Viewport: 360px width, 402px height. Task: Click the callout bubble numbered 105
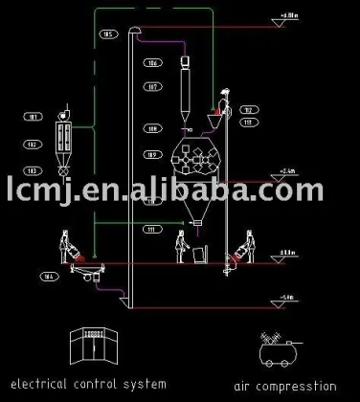pyautogui.click(x=107, y=34)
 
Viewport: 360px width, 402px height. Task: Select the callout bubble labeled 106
pyautogui.click(x=152, y=63)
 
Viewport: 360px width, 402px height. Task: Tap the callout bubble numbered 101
pyautogui.click(x=33, y=117)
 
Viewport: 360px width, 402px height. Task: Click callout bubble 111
pyautogui.click(x=151, y=230)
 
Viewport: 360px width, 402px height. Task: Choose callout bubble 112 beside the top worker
pyautogui.click(x=247, y=108)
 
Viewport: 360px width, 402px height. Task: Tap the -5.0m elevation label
pyautogui.click(x=286, y=297)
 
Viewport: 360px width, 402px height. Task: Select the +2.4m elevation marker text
pyautogui.click(x=286, y=170)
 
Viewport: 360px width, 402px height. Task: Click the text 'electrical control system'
pyautogui.click(x=85, y=384)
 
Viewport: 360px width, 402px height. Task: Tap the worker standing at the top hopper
pyautogui.click(x=226, y=100)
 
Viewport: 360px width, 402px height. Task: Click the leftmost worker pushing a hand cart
pyautogui.click(x=67, y=246)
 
